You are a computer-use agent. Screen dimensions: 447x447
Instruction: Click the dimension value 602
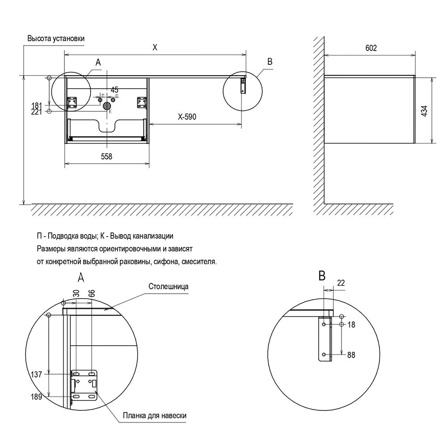tap(371, 48)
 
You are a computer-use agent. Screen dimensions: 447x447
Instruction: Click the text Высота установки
tap(56, 38)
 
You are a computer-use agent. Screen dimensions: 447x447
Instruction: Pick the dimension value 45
tap(114, 90)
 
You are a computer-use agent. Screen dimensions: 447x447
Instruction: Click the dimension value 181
tap(37, 105)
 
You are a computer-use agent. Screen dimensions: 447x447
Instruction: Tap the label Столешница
tap(169, 287)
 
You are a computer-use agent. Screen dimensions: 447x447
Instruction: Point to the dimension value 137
tap(37, 374)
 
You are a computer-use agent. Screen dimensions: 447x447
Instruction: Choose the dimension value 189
tap(37, 396)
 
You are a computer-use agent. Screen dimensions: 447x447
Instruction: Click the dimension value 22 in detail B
tap(341, 283)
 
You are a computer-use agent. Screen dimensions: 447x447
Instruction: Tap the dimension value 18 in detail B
tap(351, 325)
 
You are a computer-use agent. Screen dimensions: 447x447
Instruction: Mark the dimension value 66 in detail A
tap(92, 293)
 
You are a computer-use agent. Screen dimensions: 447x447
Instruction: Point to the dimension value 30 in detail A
tap(76, 293)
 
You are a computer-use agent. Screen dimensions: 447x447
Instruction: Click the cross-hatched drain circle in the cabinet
tap(107, 106)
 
